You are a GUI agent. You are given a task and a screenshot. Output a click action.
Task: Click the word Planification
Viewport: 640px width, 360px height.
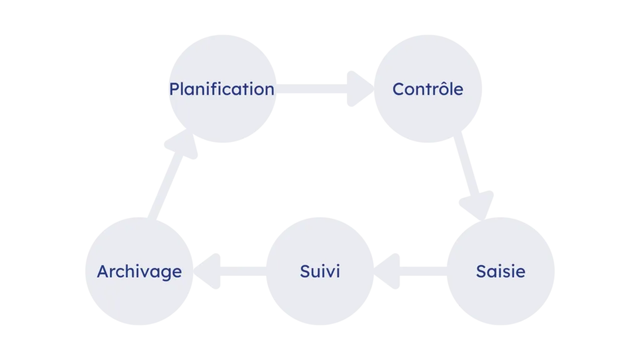(222, 89)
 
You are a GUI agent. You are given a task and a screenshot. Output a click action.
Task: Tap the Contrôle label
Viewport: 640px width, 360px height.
(427, 89)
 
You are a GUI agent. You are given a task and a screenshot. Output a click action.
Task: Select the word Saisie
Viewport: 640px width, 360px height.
(501, 271)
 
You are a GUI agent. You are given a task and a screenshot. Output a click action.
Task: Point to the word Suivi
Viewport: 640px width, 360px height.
(320, 271)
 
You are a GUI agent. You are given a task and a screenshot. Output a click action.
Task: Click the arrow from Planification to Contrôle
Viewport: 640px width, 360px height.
(325, 89)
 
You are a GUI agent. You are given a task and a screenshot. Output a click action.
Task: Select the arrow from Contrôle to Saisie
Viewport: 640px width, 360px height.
(474, 176)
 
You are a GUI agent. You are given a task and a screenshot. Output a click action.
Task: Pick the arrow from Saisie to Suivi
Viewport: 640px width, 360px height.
(411, 271)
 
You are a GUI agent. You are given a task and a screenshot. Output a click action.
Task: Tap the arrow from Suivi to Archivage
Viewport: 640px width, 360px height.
(230, 271)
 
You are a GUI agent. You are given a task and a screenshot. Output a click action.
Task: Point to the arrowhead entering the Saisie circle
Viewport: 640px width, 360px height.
(478, 205)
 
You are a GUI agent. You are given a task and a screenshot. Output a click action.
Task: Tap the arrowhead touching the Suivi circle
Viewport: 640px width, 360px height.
(386, 271)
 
